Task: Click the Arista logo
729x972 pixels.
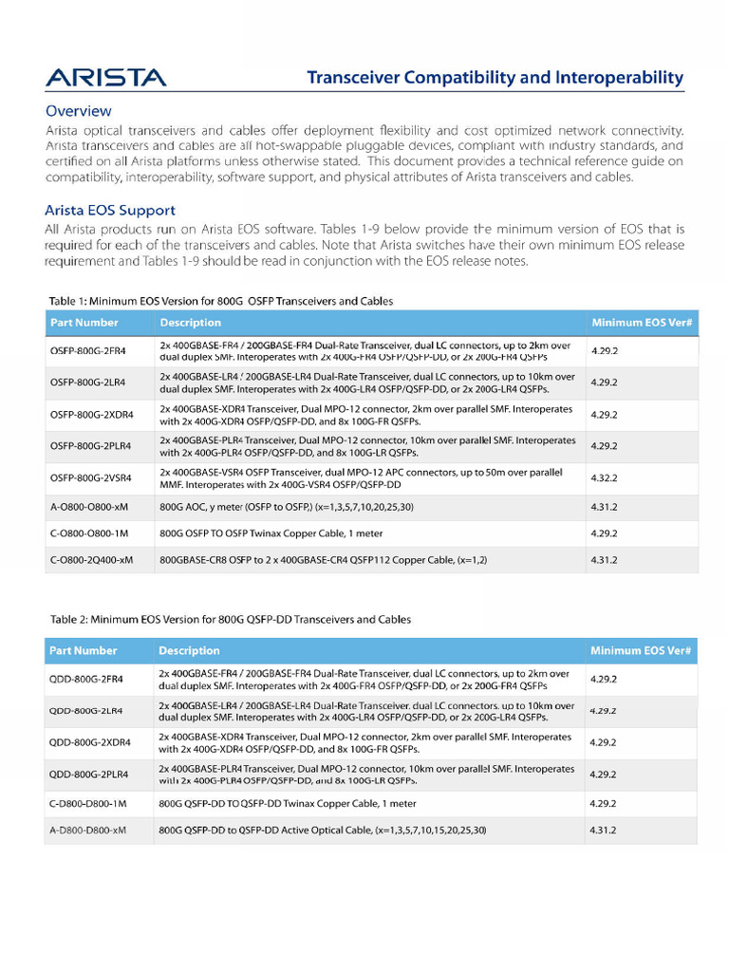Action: pyautogui.click(x=105, y=77)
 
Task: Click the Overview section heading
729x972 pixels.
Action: pyautogui.click(x=78, y=110)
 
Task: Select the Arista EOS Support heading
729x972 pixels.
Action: pyautogui.click(x=109, y=210)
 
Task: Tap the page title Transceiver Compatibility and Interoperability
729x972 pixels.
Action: pyautogui.click(x=494, y=77)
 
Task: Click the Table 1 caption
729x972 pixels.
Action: pyautogui.click(x=220, y=301)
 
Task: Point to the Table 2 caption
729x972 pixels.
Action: pyautogui.click(x=231, y=619)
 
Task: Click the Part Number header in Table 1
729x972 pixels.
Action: pyautogui.click(x=84, y=323)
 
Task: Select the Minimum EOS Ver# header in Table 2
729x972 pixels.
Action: pyautogui.click(x=641, y=650)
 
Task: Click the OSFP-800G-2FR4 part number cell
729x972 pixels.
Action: pyautogui.click(x=87, y=351)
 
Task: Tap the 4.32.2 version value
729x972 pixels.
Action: pyautogui.click(x=604, y=479)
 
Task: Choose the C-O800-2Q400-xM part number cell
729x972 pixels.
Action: pyautogui.click(x=91, y=560)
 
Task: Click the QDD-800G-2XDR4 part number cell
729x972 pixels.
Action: pyautogui.click(x=89, y=742)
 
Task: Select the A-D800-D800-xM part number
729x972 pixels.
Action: pyautogui.click(x=87, y=831)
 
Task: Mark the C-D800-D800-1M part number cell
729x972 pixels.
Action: pyautogui.click(x=87, y=803)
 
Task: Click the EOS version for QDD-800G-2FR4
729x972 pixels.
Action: pyautogui.click(x=603, y=680)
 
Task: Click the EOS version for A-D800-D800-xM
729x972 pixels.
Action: pyautogui.click(x=603, y=831)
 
